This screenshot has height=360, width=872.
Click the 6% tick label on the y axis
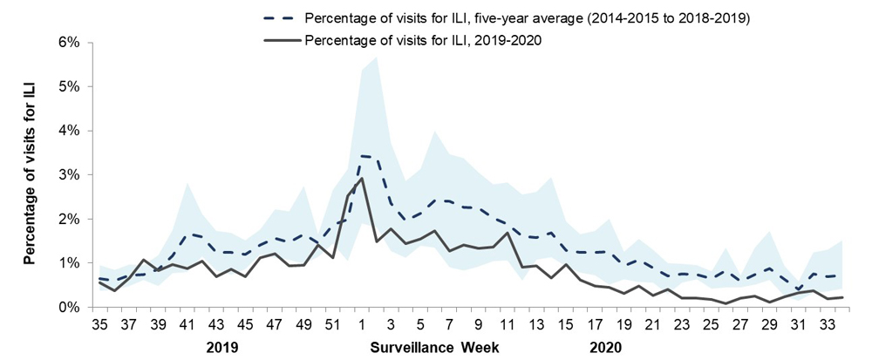[x=68, y=42]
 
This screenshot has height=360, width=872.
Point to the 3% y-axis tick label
[x=68, y=174]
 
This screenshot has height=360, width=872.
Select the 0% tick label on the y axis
[x=68, y=307]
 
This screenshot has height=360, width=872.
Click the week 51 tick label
[x=332, y=324]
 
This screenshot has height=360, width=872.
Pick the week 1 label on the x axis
[x=362, y=324]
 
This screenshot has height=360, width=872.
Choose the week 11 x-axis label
[x=507, y=324]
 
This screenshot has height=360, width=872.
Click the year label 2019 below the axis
[x=223, y=346]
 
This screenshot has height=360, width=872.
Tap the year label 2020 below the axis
[x=603, y=346]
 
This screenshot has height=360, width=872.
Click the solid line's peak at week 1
[x=362, y=178]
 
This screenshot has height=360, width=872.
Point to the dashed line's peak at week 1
[x=362, y=156]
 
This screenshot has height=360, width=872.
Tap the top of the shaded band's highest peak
[x=376, y=57]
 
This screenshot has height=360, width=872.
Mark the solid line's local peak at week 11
[x=507, y=233]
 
